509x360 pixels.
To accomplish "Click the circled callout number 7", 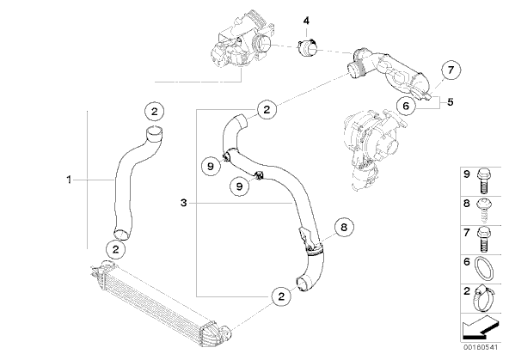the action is [x=451, y=70].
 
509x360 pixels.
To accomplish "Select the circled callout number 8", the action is [x=344, y=227].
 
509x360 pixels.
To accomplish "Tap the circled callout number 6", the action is [x=406, y=106].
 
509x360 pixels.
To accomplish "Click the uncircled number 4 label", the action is [x=306, y=21].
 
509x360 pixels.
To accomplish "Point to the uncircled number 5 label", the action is [x=450, y=102].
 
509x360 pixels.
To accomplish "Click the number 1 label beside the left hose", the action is [x=69, y=179].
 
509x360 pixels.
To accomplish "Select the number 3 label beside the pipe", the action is [x=184, y=203].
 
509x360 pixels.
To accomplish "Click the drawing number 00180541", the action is [x=481, y=347].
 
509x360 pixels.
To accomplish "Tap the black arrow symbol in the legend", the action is [x=480, y=327].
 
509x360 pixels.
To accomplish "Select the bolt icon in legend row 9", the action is [x=484, y=181].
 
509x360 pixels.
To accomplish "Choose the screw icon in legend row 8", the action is [x=484, y=211].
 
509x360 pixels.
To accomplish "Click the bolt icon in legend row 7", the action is [x=484, y=240].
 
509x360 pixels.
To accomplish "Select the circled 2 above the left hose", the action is [x=154, y=112].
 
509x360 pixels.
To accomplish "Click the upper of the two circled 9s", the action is [x=211, y=167].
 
